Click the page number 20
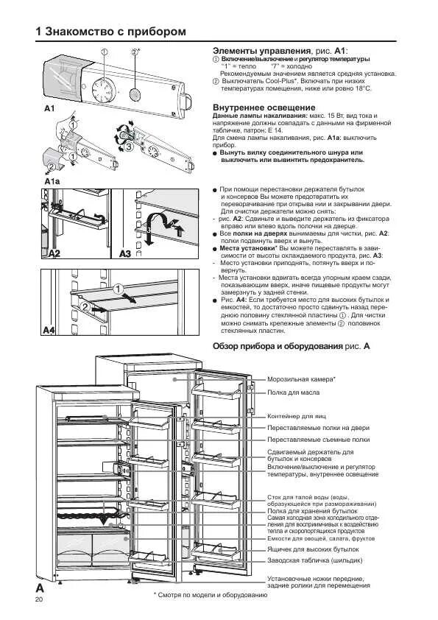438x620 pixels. click(x=39, y=601)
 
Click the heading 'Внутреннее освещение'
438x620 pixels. click(x=253, y=108)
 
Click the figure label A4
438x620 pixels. click(x=49, y=331)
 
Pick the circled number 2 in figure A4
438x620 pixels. click(x=85, y=306)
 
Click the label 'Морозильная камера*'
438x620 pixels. click(x=301, y=378)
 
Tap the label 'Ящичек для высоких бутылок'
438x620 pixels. click(x=313, y=549)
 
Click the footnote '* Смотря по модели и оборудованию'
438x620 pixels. click(x=210, y=594)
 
